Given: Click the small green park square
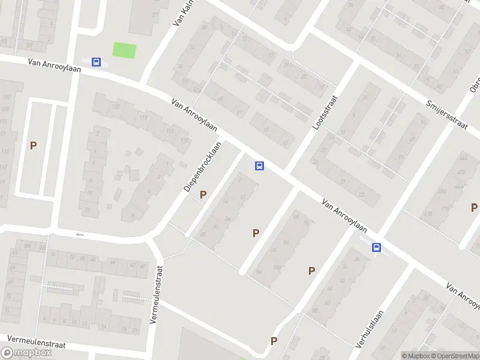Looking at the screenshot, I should click(x=125, y=50).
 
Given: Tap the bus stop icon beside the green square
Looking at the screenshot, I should click(x=96, y=61).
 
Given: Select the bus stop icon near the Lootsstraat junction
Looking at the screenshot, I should click(x=259, y=166).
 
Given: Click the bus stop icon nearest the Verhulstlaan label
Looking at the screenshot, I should click(x=376, y=247).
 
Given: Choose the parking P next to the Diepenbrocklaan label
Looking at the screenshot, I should click(x=203, y=194).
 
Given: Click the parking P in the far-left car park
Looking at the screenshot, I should click(x=34, y=145).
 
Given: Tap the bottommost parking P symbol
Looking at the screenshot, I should click(x=274, y=341).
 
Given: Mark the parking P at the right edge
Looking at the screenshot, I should click(x=474, y=208).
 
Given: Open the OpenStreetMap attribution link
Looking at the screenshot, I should click(x=455, y=356).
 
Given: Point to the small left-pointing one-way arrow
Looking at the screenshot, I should click(x=80, y=235).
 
